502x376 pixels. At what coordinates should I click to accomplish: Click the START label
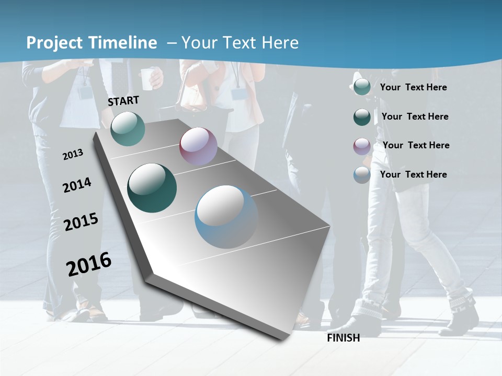[x=123, y=101]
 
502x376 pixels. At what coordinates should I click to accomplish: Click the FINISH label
[x=344, y=338]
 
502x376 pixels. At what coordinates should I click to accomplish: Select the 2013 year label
[x=73, y=155]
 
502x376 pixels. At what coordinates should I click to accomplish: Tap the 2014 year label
[x=77, y=185]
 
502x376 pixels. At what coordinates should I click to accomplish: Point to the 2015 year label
[x=81, y=222]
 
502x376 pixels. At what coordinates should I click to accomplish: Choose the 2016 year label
[x=89, y=264]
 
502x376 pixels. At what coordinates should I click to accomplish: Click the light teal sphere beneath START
[x=128, y=128]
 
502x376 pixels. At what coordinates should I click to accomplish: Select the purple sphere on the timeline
[x=198, y=146]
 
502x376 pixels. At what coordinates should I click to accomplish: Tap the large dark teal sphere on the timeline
[x=152, y=188]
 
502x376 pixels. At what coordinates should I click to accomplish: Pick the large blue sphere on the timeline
[x=226, y=217]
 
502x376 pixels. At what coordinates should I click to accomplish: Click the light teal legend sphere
[x=362, y=87]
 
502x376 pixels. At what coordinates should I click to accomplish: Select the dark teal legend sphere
[x=362, y=117]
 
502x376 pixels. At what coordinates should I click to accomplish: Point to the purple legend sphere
[x=362, y=146]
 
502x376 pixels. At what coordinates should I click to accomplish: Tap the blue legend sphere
[x=362, y=175]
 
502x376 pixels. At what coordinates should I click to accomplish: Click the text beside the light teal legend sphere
[x=413, y=87]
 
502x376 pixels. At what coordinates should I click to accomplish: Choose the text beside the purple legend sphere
[x=416, y=145]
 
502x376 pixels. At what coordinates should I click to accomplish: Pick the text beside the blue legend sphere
[x=413, y=174]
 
